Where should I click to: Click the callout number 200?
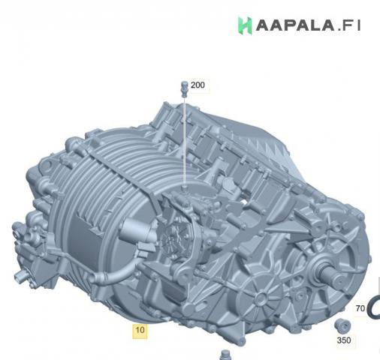pyautogui.click(x=198, y=85)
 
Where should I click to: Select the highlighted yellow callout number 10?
pyautogui.click(x=140, y=330)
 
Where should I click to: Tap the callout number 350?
pyautogui.click(x=344, y=340)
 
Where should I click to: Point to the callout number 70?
pyautogui.click(x=360, y=308)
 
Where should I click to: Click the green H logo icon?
pyautogui.click(x=245, y=25)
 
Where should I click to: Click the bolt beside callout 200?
pyautogui.click(x=184, y=89)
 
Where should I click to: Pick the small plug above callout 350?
pyautogui.click(x=342, y=326)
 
